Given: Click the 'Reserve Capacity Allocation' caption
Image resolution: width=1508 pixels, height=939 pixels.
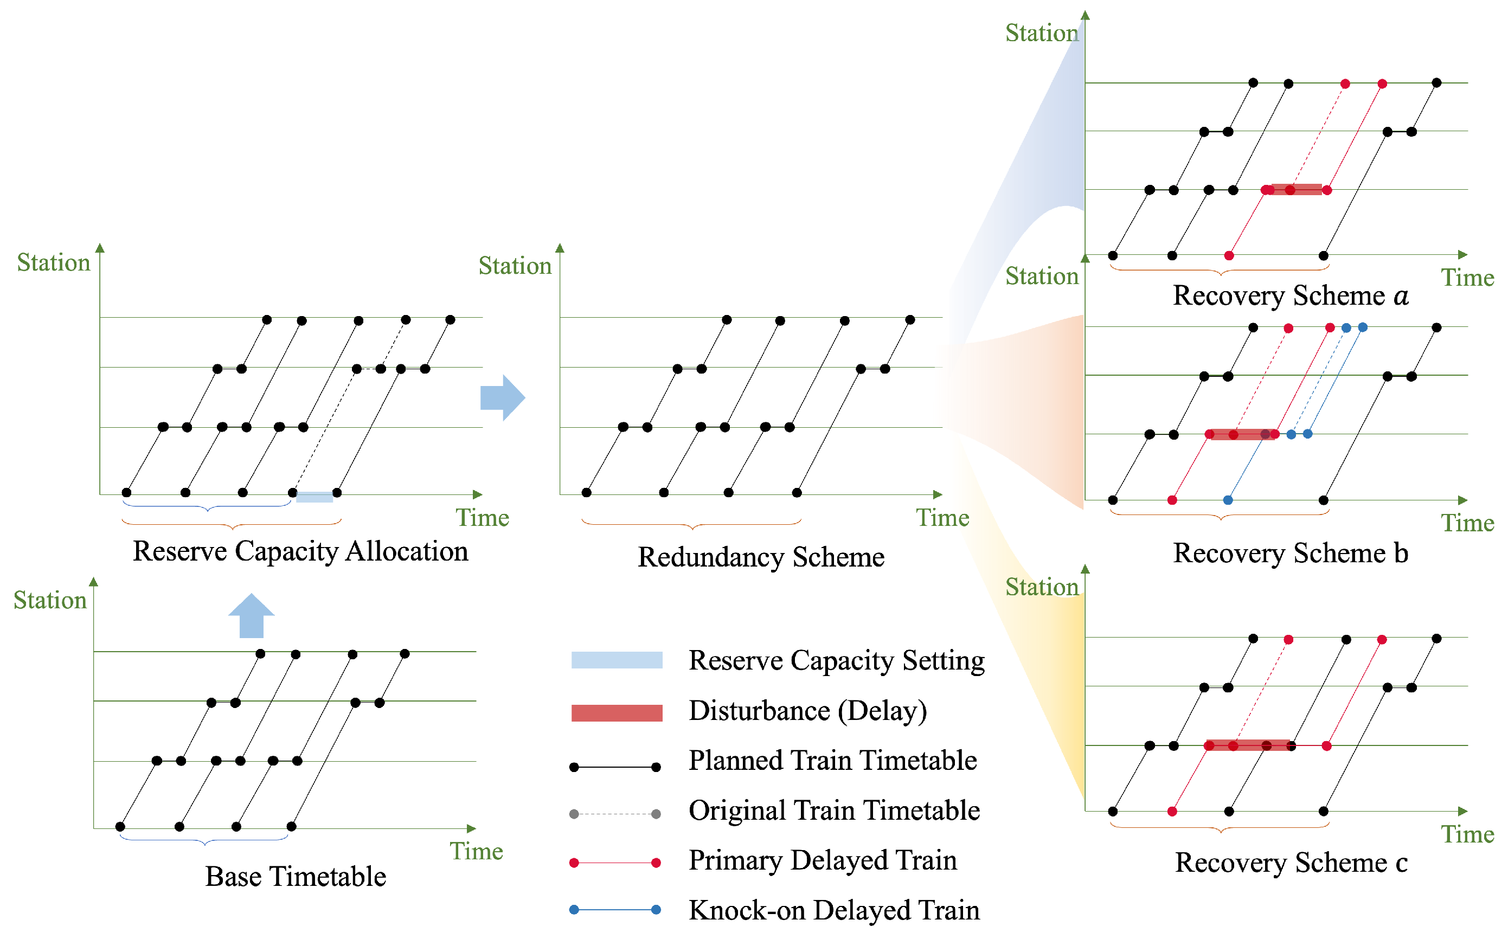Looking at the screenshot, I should click(x=300, y=551).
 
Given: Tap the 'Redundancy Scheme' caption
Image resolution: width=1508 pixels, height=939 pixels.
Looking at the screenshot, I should click(x=761, y=557).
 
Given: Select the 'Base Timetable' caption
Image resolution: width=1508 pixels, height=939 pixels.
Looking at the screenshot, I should click(x=296, y=876).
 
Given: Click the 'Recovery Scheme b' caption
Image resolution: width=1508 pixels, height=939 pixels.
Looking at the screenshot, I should click(x=1290, y=552).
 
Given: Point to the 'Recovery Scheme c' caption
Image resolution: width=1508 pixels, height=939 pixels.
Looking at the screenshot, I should click(x=1291, y=863).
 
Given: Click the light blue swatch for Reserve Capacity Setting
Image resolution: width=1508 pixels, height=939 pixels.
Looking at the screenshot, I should click(x=616, y=660).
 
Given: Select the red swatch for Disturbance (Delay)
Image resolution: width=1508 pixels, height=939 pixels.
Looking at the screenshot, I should click(x=616, y=712).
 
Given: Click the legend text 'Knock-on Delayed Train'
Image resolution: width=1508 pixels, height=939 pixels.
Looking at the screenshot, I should click(x=833, y=910).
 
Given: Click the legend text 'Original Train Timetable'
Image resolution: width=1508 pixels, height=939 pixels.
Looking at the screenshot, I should click(x=833, y=811).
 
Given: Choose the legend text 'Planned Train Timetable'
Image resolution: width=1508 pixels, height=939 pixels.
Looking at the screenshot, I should click(x=832, y=760).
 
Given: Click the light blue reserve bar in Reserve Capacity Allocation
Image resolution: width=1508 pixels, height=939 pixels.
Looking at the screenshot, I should click(x=315, y=496).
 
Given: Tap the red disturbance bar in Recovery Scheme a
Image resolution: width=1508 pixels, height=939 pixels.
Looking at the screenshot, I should click(x=1295, y=189).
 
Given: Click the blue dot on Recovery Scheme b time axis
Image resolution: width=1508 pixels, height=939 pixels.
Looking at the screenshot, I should click(x=1228, y=500).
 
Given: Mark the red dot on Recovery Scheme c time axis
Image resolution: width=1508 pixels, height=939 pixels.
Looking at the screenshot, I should click(x=1172, y=811).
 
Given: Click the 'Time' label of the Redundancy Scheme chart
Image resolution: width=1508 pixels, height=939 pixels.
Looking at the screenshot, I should click(x=942, y=517).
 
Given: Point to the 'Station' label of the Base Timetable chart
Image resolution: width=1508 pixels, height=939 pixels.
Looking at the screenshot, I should click(x=50, y=601).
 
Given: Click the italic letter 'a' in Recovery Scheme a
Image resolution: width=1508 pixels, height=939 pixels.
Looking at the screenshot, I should click(x=1401, y=295).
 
